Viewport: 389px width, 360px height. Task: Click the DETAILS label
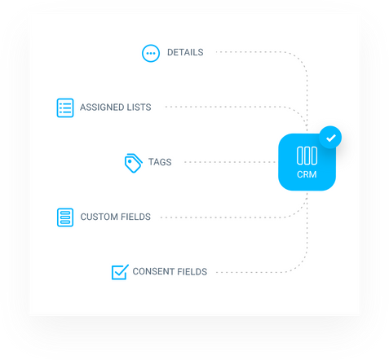point(185,52)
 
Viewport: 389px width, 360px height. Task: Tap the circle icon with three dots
point(151,53)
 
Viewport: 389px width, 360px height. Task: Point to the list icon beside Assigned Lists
point(65,108)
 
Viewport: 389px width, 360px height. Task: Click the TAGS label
point(160,162)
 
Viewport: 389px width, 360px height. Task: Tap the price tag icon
point(133,163)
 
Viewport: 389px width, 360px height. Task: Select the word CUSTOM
point(99,217)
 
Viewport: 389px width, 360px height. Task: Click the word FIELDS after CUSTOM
point(135,217)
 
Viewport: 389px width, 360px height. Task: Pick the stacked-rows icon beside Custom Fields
point(65,217)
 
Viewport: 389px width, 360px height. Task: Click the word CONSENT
point(153,271)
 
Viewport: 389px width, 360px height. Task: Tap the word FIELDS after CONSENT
point(192,271)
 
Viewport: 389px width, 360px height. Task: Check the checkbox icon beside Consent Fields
point(120,272)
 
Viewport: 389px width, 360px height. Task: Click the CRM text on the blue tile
point(307,174)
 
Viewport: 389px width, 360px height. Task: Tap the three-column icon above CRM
point(307,156)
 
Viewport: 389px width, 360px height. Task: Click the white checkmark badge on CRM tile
point(330,138)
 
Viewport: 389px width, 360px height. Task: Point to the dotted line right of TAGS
point(230,162)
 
